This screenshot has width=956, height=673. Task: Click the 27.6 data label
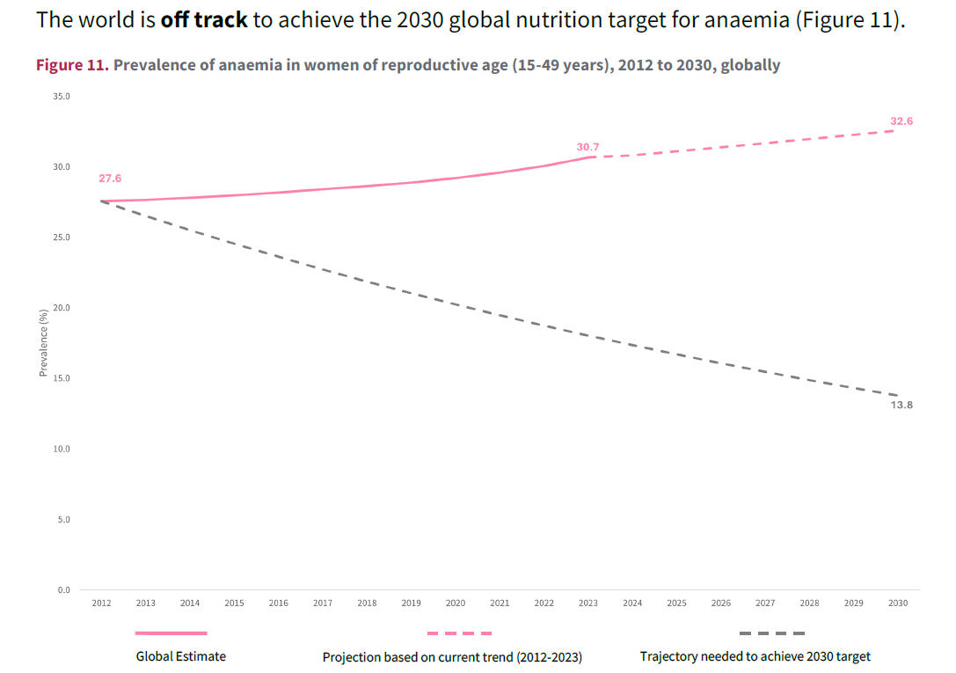point(110,179)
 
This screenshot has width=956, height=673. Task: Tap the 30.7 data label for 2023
point(587,147)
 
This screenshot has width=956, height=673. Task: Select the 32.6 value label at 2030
point(901,121)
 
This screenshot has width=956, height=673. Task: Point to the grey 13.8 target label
point(901,405)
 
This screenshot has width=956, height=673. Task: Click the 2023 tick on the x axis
point(588,603)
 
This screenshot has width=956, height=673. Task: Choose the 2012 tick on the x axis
point(101,603)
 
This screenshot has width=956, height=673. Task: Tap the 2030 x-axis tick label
point(897,603)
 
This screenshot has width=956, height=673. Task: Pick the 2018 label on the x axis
point(367,603)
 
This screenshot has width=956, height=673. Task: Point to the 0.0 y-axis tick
point(63,589)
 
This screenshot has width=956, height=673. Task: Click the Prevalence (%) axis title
point(43,343)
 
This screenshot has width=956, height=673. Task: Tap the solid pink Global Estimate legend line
point(171,633)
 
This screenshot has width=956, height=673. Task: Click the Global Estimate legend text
point(180,656)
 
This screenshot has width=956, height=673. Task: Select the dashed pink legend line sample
point(459,633)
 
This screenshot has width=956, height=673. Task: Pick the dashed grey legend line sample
point(771,633)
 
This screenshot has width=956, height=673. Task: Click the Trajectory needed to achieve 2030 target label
point(755,656)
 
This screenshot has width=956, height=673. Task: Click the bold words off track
point(203,20)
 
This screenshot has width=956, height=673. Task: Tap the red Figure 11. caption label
point(72,65)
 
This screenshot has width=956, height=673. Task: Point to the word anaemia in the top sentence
point(747,20)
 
